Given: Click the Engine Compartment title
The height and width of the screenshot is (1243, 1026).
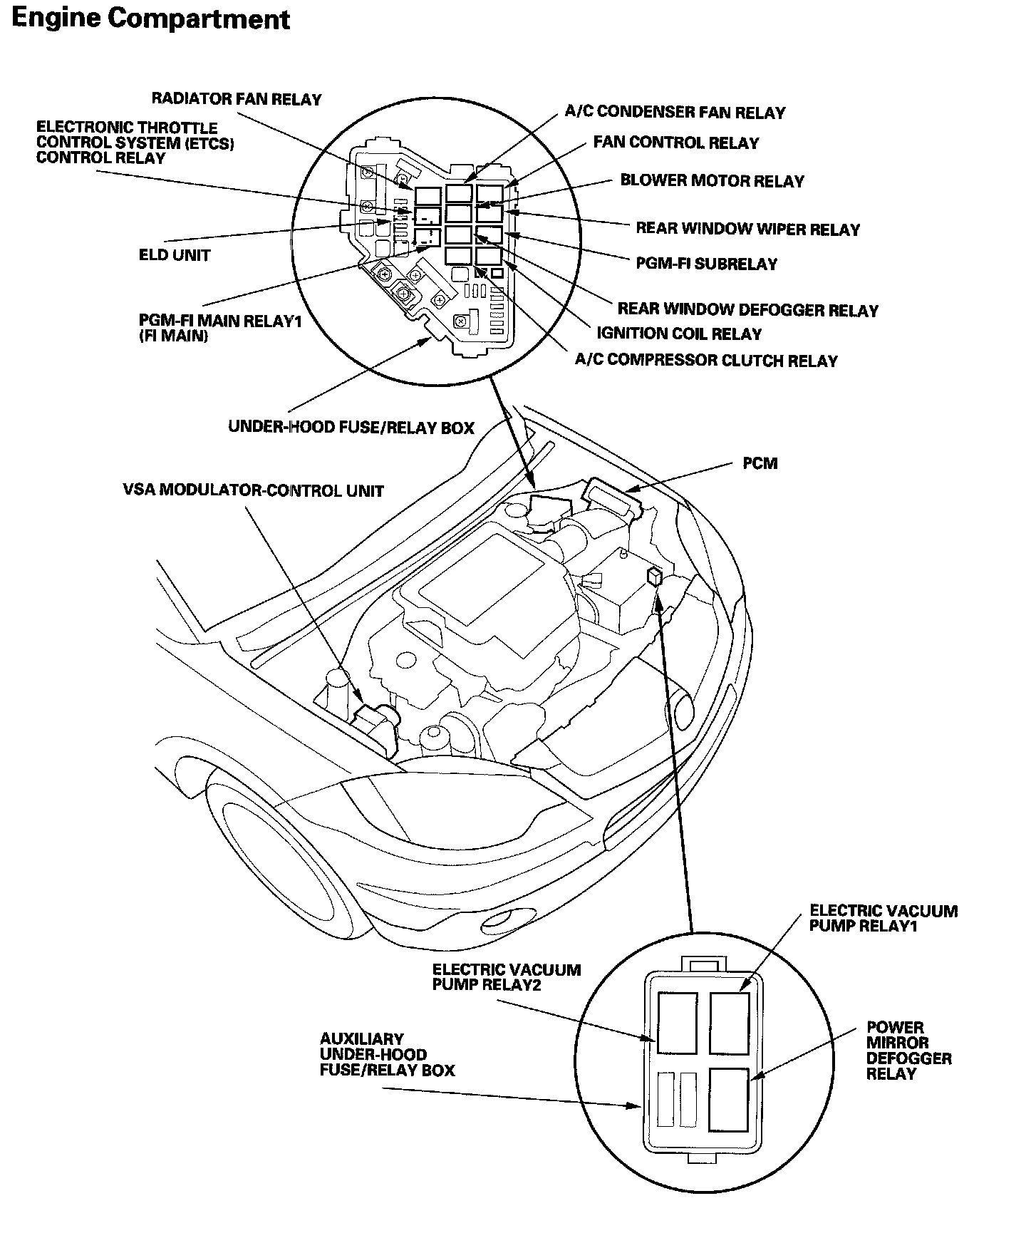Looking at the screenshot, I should (150, 19).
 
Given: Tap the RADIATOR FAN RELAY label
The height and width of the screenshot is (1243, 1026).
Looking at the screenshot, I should (237, 99).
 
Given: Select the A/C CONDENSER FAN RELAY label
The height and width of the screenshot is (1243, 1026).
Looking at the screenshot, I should (675, 113).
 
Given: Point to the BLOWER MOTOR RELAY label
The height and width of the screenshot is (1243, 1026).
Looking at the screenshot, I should (712, 181).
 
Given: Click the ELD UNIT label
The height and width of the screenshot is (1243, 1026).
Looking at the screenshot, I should (175, 255).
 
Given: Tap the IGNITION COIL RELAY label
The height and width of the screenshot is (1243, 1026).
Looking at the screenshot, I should (678, 334).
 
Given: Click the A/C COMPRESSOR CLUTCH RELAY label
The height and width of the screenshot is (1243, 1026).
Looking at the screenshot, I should (706, 361).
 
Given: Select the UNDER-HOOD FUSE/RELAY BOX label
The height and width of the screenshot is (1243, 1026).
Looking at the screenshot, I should (351, 428).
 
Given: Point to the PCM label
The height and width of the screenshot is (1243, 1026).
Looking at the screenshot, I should (760, 463).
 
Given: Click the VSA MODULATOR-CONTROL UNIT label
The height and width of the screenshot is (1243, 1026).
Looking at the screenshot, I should (253, 491).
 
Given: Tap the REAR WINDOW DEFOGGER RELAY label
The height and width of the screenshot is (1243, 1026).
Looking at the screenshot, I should (747, 310).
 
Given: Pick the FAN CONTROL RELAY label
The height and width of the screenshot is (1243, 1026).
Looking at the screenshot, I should (676, 143).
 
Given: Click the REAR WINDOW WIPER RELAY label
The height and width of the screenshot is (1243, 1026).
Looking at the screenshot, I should (747, 229).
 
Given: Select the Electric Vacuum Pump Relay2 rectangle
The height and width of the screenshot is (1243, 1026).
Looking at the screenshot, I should (677, 1023).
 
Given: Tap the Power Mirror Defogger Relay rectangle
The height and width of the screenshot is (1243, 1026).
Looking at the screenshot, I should (728, 1098).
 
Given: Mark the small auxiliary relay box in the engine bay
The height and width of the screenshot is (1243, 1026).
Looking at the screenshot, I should (655, 576).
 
